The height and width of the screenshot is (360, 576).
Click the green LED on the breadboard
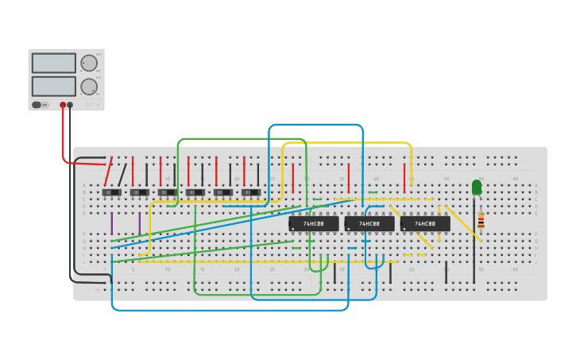(x=477, y=187)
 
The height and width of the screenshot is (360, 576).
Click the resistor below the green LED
(x=481, y=220)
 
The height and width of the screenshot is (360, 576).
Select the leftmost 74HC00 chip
(x=314, y=224)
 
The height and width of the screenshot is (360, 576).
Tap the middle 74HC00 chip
(x=369, y=224)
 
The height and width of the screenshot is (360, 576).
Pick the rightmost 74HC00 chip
(x=425, y=224)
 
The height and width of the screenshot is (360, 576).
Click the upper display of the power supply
(x=54, y=63)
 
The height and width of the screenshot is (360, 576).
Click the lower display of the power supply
(x=54, y=86)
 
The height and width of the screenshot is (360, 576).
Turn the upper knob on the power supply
(x=89, y=63)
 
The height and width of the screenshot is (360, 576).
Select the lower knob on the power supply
(x=89, y=86)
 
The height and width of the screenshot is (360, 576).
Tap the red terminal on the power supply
(x=63, y=105)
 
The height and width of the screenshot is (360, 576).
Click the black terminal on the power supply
(x=70, y=105)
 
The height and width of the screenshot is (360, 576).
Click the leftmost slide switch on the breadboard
(x=112, y=192)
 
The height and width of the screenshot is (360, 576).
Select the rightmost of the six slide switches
(x=251, y=192)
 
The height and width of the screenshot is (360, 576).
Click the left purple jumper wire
(x=112, y=223)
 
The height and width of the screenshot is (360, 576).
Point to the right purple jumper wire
(x=140, y=223)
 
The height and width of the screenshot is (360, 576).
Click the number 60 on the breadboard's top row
(x=515, y=179)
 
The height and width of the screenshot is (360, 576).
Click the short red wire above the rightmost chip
(x=404, y=176)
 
